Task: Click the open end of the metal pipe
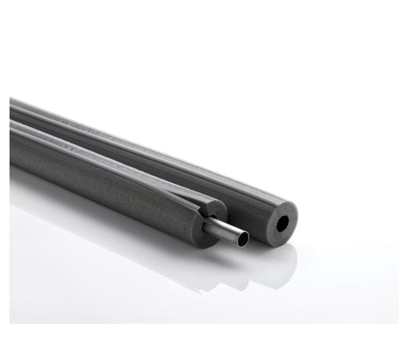tap(241, 238)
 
